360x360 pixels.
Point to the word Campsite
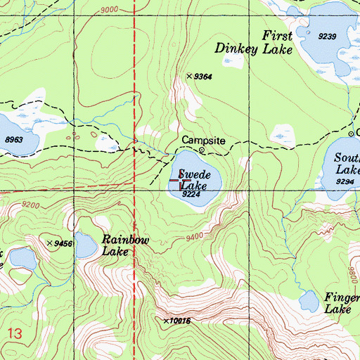[x=203, y=141]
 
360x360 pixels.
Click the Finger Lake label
[x=342, y=303]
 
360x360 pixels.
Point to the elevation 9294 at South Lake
[x=345, y=181]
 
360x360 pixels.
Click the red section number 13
[x=16, y=331]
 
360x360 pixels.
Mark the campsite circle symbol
[x=202, y=150]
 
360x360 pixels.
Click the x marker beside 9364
[x=189, y=76]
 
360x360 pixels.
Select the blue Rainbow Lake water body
[x=86, y=245]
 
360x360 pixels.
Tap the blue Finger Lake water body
[x=308, y=302]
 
